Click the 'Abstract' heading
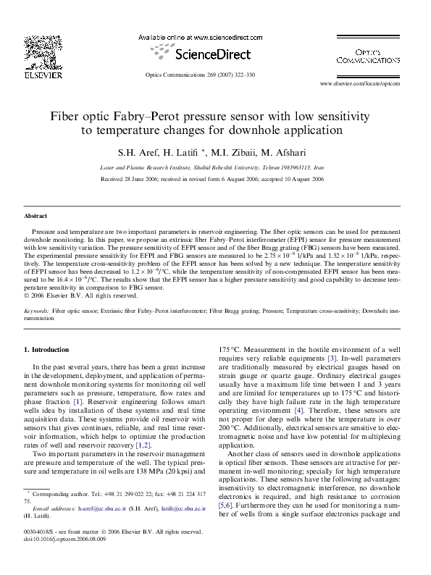pyautogui.click(x=35, y=216)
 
